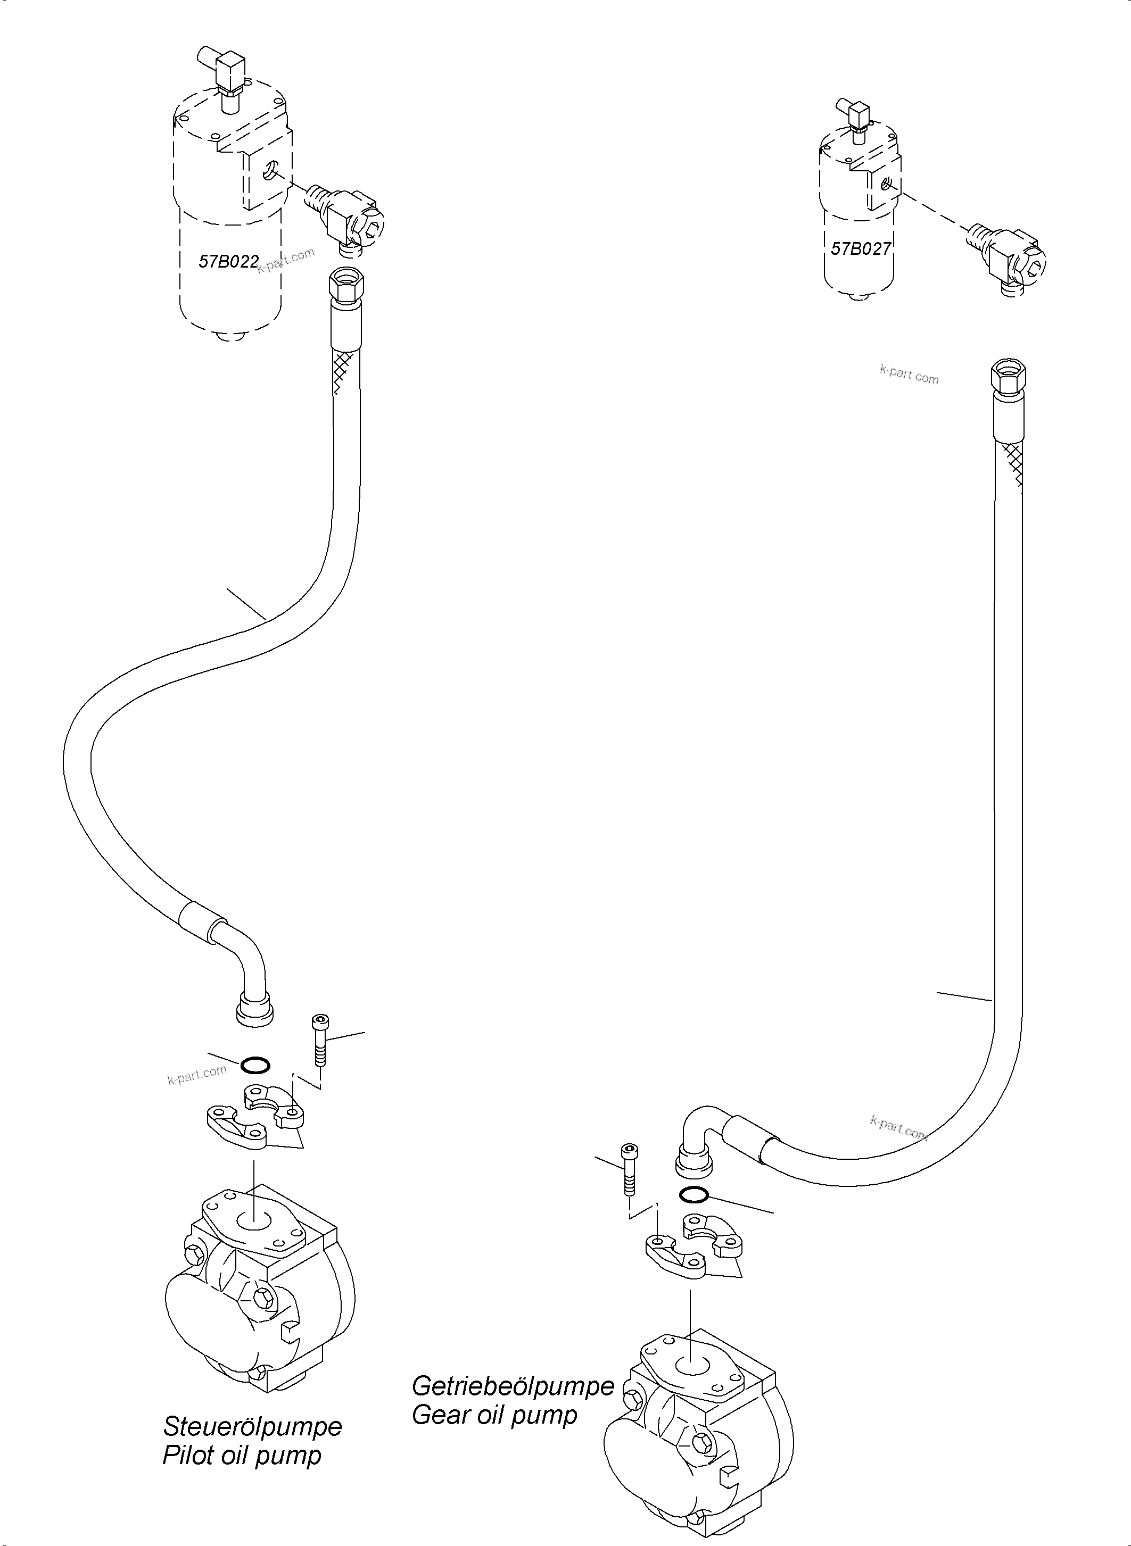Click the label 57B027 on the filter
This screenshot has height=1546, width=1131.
coord(861,248)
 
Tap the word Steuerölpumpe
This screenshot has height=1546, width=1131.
coord(252,1426)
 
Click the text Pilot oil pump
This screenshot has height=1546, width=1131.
coord(241,1456)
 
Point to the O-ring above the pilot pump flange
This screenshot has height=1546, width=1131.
coord(255,1065)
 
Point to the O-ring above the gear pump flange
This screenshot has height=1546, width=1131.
coord(694,1195)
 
